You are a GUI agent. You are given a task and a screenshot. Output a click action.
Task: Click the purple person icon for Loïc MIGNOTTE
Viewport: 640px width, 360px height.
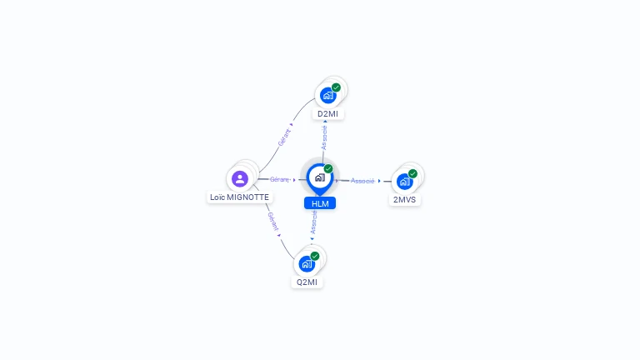[240, 178]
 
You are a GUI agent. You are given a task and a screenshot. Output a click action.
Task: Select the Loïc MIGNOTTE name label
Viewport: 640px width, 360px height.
[239, 198]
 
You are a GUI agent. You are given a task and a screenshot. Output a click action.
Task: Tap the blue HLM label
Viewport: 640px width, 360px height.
[320, 203]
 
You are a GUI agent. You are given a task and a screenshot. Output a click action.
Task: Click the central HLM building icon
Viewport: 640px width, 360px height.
[319, 177]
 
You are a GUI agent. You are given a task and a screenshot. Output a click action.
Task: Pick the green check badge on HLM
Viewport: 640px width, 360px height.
[328, 169]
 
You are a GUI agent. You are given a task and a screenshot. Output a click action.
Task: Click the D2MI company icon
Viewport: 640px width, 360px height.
[327, 95]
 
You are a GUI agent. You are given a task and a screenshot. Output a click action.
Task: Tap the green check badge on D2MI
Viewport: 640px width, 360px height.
[337, 87]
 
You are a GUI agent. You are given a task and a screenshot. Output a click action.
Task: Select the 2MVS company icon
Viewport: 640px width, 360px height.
[404, 181]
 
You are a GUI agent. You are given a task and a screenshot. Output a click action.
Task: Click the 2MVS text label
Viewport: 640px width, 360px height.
[405, 200]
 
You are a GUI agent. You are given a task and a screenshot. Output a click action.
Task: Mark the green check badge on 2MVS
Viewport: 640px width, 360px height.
[413, 173]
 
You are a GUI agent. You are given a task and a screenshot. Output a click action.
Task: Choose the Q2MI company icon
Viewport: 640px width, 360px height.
[306, 263]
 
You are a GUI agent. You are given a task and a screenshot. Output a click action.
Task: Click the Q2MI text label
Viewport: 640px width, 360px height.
[307, 282]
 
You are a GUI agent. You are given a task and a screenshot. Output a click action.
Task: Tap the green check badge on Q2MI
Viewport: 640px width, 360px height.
[315, 256]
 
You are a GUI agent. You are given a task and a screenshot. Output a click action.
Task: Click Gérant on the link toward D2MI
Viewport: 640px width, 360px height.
[285, 137]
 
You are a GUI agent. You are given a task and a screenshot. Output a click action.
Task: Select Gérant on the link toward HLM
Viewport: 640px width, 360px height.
[279, 179]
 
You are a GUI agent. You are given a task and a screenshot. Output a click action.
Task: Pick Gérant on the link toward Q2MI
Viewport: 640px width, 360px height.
[272, 222]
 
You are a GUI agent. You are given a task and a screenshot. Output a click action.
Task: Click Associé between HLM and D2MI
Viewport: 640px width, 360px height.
[324, 137]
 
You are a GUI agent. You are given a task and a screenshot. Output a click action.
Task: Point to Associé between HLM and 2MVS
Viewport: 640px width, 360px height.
[362, 181]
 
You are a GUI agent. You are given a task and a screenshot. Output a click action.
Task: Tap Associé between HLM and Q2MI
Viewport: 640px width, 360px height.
[313, 222]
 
